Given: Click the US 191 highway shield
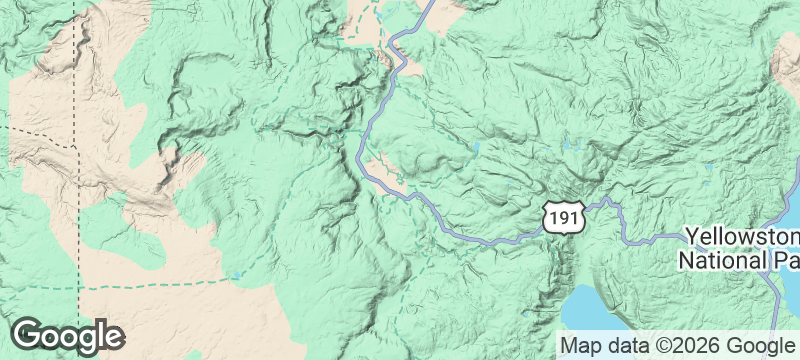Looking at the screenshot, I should point(560,215).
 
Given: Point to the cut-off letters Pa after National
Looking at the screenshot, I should point(784,260).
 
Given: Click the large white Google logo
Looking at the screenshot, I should point(68,336).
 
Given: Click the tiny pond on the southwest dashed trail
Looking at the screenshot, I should point(235,275).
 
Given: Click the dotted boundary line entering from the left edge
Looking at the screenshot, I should point(30,134).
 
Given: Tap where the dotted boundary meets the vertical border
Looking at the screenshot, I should point(77,147).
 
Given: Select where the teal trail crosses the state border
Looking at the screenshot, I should point(78,288).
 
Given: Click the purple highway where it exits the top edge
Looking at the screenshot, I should point(428,4).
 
